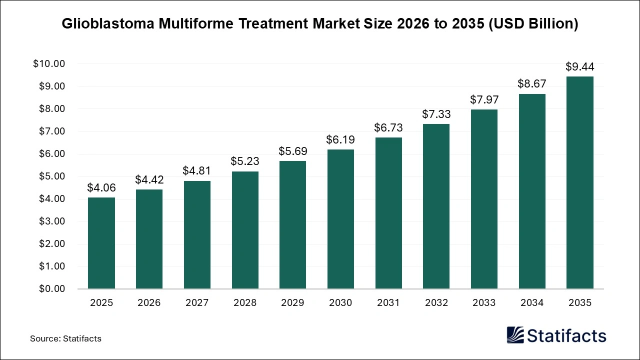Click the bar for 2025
[x=101, y=243]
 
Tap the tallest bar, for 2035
[x=579, y=182]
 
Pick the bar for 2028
[x=244, y=230]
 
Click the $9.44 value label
[x=579, y=66]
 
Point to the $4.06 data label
[x=101, y=187]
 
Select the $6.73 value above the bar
[x=388, y=127]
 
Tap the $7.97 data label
[x=484, y=99]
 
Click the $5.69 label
[x=292, y=151]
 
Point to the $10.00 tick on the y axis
[x=49, y=64]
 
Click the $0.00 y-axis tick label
[x=51, y=289]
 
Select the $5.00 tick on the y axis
[x=51, y=176]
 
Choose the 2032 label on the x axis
[x=436, y=302]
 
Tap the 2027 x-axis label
[x=197, y=302]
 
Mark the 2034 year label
[x=532, y=302]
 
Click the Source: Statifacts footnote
[x=65, y=338]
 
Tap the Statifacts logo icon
[x=515, y=335]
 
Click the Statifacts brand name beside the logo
[x=566, y=335]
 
